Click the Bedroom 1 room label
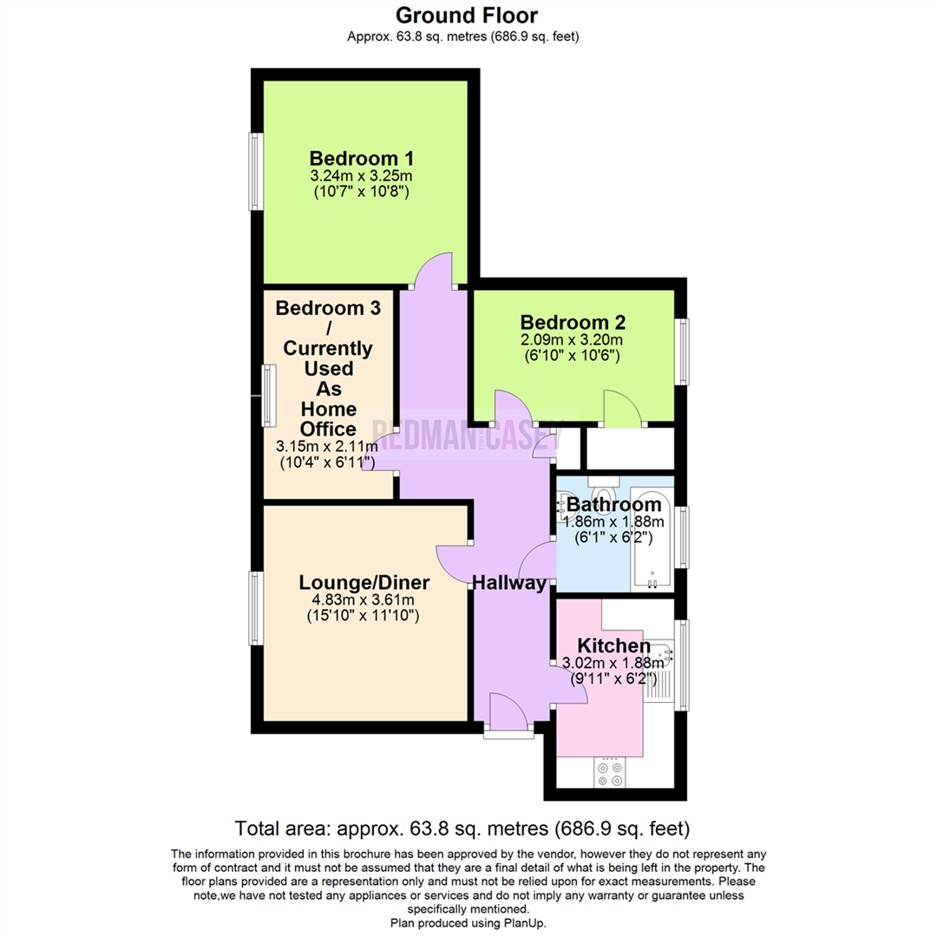(362, 160)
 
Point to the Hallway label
(509, 584)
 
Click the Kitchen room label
(614, 647)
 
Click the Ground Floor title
(467, 15)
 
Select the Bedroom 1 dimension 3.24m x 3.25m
(362, 176)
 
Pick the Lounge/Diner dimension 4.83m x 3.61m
(363, 600)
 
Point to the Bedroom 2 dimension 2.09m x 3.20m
(573, 339)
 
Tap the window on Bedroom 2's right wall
(684, 351)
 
